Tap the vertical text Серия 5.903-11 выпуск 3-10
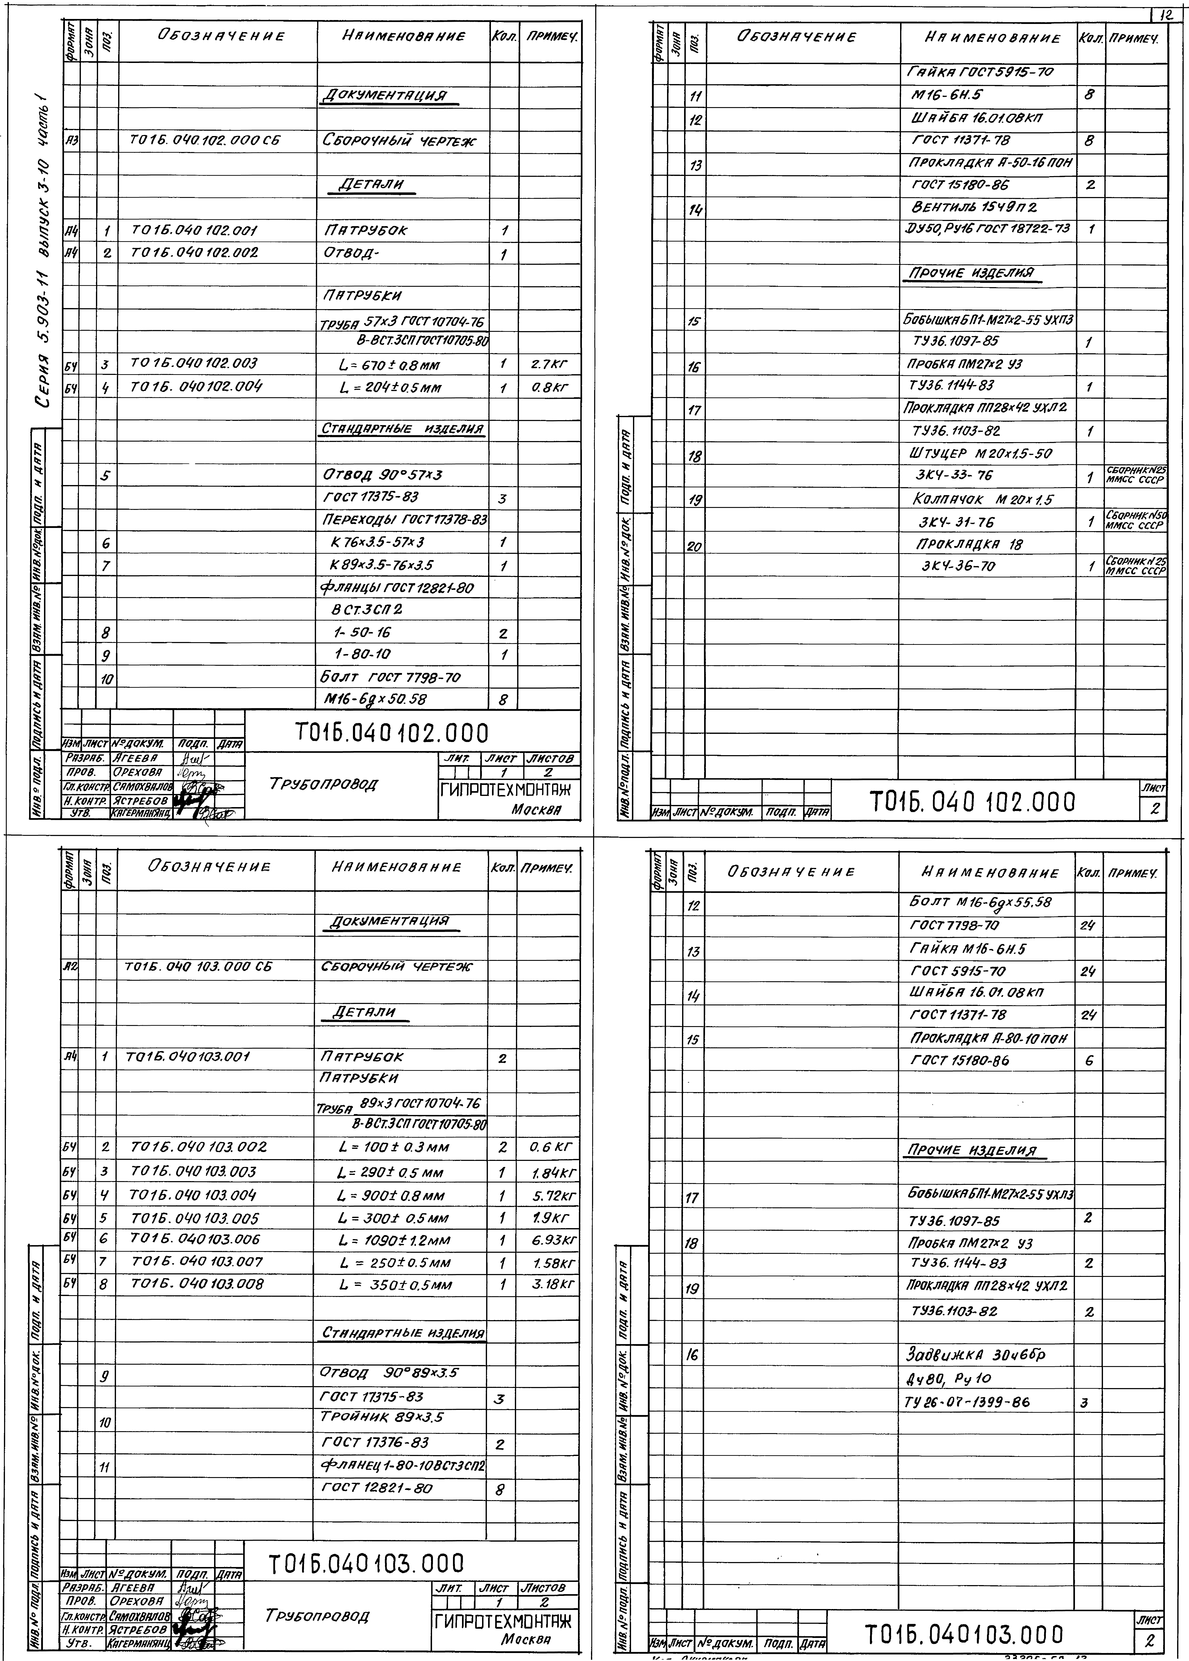(45, 249)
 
